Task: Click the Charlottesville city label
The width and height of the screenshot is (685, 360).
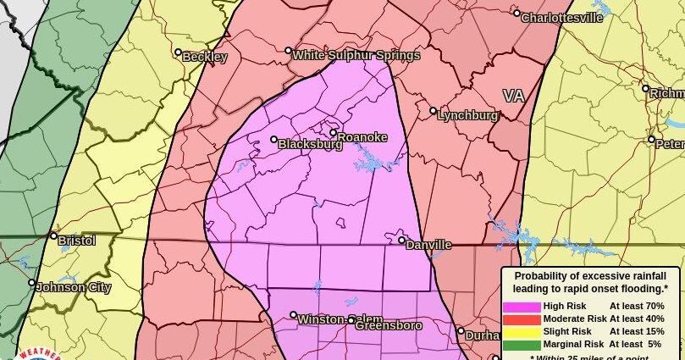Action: [x=562, y=18]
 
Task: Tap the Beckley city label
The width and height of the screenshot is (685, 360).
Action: [x=205, y=57]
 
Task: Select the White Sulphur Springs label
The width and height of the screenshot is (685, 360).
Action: [x=356, y=56]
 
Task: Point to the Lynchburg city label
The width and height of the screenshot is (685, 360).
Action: [x=467, y=115]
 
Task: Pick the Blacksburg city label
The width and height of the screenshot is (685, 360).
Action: [x=311, y=144]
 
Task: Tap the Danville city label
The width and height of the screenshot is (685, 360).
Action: [x=428, y=245]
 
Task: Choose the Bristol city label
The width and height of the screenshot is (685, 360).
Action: [x=77, y=241]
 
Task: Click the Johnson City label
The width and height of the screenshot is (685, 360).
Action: [x=74, y=287]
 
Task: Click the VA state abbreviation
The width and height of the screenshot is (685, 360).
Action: [x=513, y=96]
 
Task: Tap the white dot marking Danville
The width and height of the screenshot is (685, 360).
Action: [x=402, y=241]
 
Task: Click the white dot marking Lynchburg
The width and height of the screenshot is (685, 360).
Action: [x=434, y=111]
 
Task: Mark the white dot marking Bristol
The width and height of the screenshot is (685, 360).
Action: [x=53, y=236]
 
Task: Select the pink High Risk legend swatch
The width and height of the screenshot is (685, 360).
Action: [x=522, y=307]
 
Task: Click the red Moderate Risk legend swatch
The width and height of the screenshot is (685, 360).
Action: [x=522, y=319]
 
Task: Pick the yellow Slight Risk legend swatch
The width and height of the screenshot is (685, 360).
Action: [x=522, y=332]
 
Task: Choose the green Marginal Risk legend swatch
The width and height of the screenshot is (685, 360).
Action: [x=522, y=345]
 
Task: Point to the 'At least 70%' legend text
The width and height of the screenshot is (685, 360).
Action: [x=637, y=307]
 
